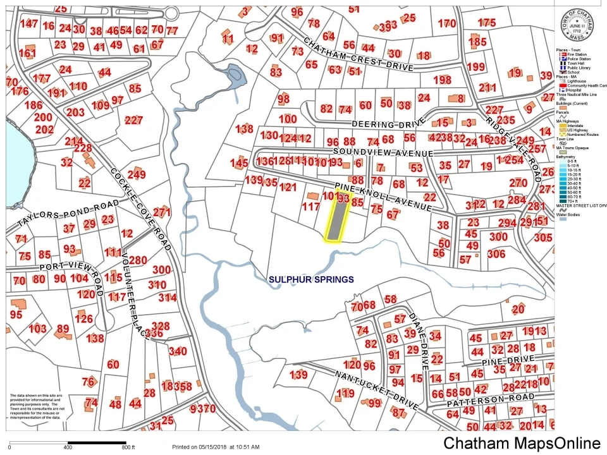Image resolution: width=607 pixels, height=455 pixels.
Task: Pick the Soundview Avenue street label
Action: [383, 153]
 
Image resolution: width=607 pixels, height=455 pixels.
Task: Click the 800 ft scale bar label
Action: [128, 447]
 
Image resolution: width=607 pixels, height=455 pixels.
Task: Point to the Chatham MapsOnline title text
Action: [521, 444]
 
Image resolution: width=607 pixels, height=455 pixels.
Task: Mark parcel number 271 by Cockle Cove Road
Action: [162, 212]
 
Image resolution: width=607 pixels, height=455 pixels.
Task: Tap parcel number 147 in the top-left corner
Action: [28, 23]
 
